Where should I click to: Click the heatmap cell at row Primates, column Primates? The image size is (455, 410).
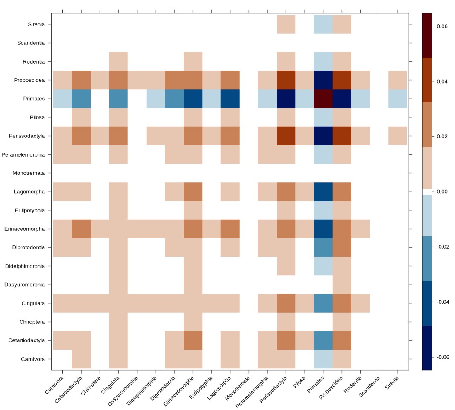323,99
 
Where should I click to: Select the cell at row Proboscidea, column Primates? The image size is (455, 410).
323,80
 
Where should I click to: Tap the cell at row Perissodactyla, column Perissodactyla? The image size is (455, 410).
286,136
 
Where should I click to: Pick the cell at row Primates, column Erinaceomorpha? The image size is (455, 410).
193,99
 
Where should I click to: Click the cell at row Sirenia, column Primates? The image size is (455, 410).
323,24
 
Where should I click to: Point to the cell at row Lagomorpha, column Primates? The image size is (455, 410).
323,192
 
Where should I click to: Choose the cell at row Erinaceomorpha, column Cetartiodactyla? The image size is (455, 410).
81,229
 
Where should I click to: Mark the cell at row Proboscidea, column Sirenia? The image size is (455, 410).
398,80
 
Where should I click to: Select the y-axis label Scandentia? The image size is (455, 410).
31,43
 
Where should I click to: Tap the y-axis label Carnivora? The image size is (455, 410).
33,359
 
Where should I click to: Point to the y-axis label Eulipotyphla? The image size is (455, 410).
30,210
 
